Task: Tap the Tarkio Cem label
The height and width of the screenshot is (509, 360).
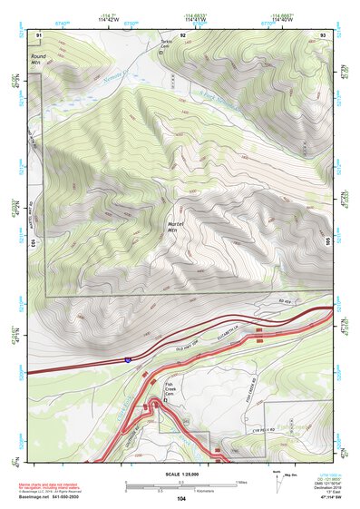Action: click(166, 45)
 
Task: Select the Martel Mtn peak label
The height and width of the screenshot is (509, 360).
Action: click(174, 227)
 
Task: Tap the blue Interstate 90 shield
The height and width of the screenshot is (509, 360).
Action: click(128, 360)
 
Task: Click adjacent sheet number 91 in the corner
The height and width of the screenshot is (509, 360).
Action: click(39, 34)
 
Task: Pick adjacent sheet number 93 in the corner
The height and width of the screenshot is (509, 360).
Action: click(323, 34)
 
